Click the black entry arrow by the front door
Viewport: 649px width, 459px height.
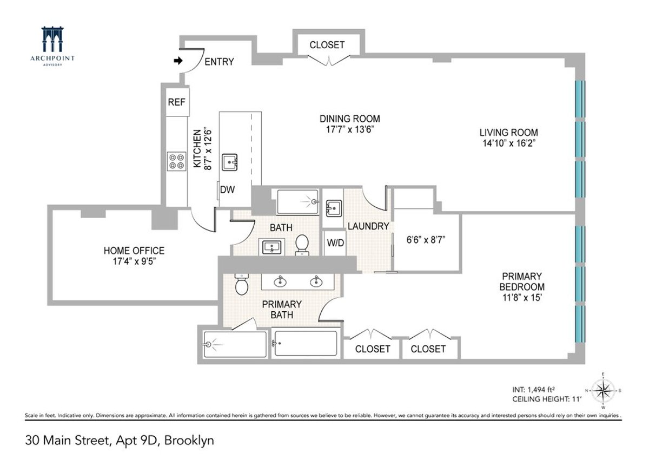point(178,62)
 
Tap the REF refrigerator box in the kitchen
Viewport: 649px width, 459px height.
point(176,102)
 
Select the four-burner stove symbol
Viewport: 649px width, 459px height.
point(176,161)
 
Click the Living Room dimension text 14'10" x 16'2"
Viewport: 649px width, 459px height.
point(508,143)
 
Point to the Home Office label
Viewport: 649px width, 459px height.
point(134,251)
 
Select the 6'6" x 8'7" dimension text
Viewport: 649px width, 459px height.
point(426,239)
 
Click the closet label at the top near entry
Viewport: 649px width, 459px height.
point(327,45)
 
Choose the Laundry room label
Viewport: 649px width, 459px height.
point(368,226)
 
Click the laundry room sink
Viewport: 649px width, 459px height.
point(333,207)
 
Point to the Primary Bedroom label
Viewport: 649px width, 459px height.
point(521,281)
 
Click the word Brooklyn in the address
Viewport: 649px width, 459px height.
point(190,441)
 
